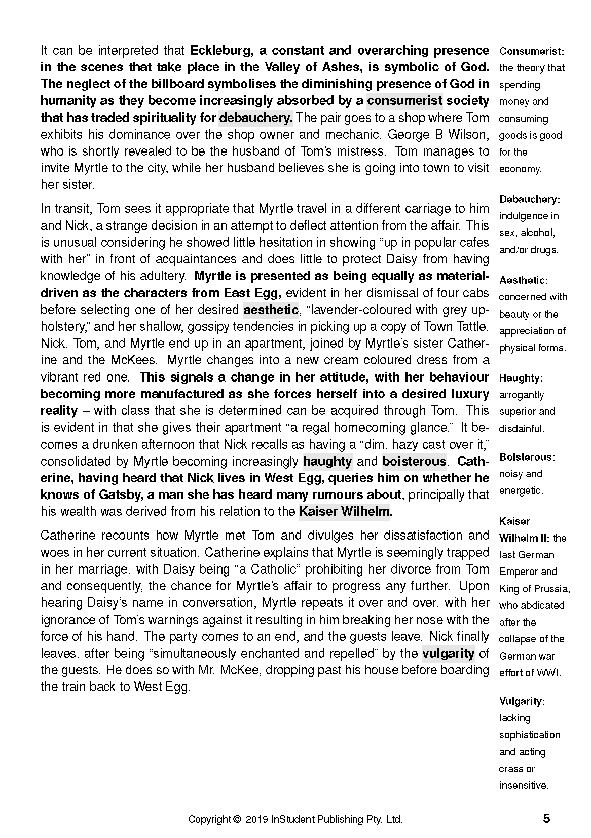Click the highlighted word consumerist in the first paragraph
pyautogui.click(x=404, y=101)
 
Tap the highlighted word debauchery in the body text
pyautogui.click(x=255, y=118)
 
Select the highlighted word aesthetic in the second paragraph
pyautogui.click(x=271, y=310)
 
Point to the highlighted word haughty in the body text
pyautogui.click(x=327, y=461)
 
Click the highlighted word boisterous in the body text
pyautogui.click(x=414, y=461)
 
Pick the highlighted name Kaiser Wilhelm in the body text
pyautogui.click(x=345, y=511)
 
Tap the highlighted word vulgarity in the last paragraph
pyautogui.click(x=448, y=653)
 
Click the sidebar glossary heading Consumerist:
pyautogui.click(x=532, y=51)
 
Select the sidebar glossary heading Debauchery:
pyautogui.click(x=530, y=199)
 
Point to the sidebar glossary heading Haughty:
pyautogui.click(x=521, y=378)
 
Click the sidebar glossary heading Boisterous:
pyautogui.click(x=527, y=457)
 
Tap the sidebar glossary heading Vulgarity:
pyautogui.click(x=522, y=702)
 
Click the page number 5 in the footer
pyautogui.click(x=546, y=819)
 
